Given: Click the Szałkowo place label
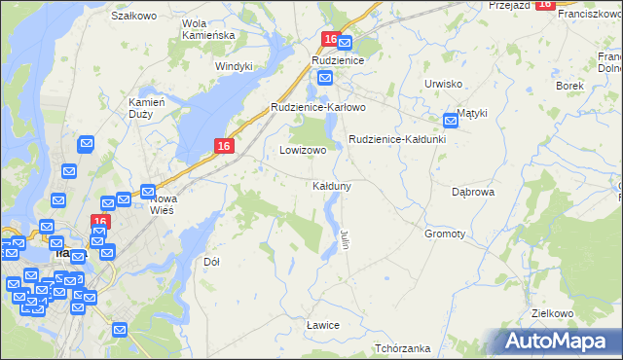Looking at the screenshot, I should [134, 16].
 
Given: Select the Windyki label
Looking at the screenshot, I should [234, 66].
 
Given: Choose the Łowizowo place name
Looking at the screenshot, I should [303, 151].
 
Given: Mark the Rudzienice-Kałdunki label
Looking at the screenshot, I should [397, 139].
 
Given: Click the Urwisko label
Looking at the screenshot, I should [443, 84].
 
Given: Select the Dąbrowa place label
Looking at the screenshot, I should [474, 193].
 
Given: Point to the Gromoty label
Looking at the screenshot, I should [445, 234].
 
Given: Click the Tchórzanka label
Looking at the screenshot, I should [402, 348].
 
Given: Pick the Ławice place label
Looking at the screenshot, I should [321, 324].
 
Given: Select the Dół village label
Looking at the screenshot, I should [211, 262].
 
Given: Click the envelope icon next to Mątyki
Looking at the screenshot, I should [451, 121].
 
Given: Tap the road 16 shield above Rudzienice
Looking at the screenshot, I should [331, 40].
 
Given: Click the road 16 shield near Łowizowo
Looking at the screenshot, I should [224, 146].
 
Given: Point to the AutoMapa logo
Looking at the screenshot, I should [557, 342].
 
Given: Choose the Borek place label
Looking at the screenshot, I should [569, 86].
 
